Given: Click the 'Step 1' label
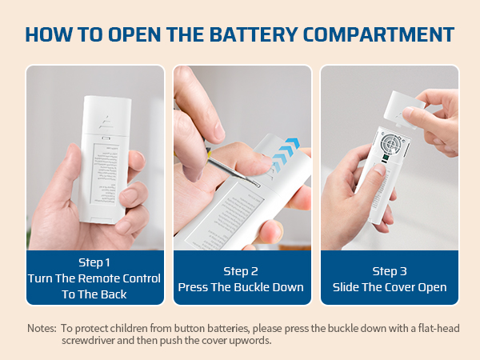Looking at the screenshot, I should click(95, 262).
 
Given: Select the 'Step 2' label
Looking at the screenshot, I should click(241, 271).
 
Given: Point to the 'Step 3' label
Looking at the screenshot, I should click(390, 271).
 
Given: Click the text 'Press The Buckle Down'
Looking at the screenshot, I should click(241, 287).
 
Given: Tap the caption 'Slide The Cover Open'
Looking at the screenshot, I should click(390, 287).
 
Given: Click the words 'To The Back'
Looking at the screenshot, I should click(95, 294).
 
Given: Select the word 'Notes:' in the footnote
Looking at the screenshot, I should click(42, 328).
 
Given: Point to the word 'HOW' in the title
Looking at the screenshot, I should click(50, 34).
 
